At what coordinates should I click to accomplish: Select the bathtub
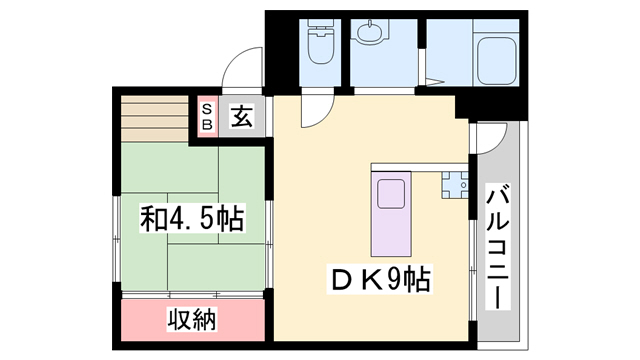tap(496, 59)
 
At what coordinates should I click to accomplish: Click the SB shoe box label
tap(207, 117)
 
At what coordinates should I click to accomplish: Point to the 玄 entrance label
tap(241, 116)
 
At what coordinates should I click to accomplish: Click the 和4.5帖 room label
tap(191, 218)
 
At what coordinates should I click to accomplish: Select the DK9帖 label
tap(379, 279)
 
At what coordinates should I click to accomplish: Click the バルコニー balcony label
tap(498, 247)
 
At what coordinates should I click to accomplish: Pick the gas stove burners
tap(454, 185)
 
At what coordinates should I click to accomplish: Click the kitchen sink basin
tap(391, 194)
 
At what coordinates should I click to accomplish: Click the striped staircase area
tap(154, 119)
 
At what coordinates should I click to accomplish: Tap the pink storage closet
tap(193, 320)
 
